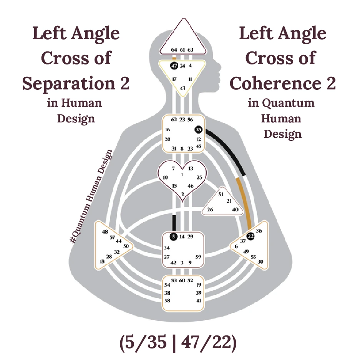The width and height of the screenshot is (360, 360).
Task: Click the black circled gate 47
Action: point(174,66)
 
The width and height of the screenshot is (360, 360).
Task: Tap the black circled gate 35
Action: point(198,130)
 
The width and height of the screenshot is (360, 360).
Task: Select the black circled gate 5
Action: point(174,236)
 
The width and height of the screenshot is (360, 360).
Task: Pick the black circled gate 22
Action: point(251,236)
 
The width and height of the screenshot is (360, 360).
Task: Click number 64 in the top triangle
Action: point(174,50)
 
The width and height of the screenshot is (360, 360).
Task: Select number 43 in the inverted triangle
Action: point(182,88)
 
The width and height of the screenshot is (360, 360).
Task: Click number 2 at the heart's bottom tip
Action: point(182,194)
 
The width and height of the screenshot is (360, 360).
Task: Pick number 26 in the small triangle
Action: point(210,210)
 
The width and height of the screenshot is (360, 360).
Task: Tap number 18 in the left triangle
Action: point(102,261)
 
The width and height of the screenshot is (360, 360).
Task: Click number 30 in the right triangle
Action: point(260,261)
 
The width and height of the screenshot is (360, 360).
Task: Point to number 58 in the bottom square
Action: point(167,300)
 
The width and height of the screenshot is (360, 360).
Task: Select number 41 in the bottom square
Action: point(199,300)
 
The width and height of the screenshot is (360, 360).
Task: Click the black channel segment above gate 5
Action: point(174,223)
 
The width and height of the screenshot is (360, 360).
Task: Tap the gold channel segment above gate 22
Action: point(246,201)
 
